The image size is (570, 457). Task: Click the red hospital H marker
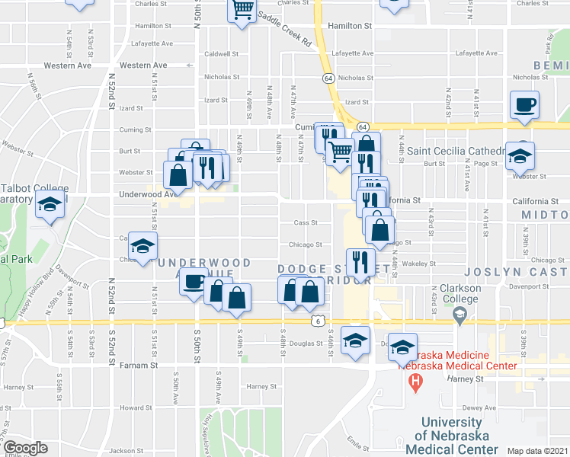pos(415,382)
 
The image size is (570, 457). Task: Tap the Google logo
pos(24,448)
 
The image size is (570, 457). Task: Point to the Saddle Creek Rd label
pos(284,28)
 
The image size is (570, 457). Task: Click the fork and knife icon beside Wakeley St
pos(360,260)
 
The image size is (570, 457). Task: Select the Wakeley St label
pos(418,264)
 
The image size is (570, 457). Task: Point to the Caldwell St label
pos(222,54)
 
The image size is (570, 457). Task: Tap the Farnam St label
pos(139,366)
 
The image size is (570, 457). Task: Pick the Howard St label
pos(136,407)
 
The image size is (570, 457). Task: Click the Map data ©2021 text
pos(536,451)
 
